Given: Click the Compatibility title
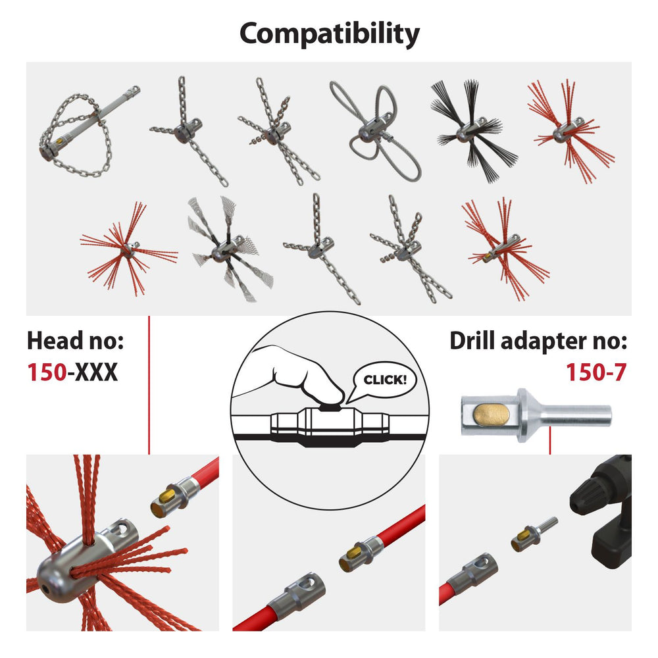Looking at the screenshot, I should pyautogui.click(x=329, y=33).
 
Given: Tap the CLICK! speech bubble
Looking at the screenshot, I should pyautogui.click(x=385, y=380).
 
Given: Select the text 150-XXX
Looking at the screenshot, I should pyautogui.click(x=72, y=372).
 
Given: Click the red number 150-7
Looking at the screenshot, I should pyautogui.click(x=596, y=372).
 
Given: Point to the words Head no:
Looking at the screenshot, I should pyautogui.click(x=75, y=342).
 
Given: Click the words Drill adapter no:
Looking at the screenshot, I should pyautogui.click(x=538, y=342).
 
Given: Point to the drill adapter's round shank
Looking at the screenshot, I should pyautogui.click(x=579, y=415).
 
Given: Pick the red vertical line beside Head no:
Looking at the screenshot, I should pyautogui.click(x=149, y=385).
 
